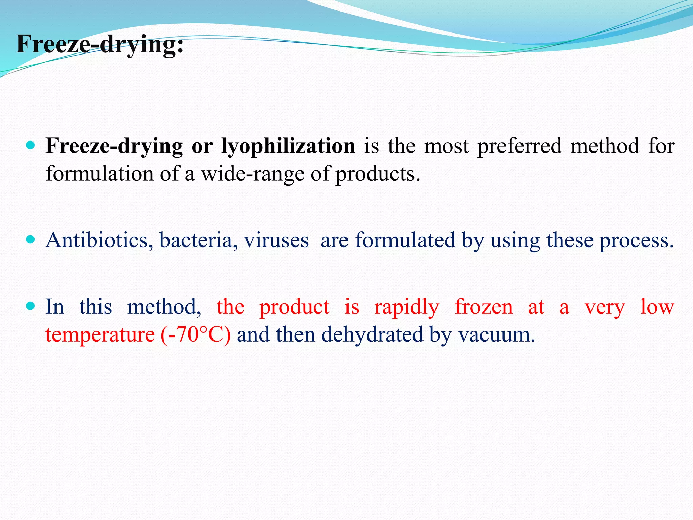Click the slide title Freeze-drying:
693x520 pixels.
(x=100, y=44)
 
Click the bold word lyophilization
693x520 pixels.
(x=288, y=146)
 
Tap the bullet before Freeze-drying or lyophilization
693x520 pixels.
(x=30, y=146)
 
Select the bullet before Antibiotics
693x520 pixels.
(x=30, y=240)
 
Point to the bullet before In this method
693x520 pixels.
(x=30, y=306)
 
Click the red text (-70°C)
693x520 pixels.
(x=196, y=335)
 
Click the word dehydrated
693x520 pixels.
(x=372, y=335)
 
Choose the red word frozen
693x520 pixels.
(x=484, y=307)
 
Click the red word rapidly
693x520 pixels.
(x=407, y=307)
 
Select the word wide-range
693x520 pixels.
(x=253, y=174)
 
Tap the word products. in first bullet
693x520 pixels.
(x=378, y=174)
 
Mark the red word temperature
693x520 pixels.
(x=100, y=335)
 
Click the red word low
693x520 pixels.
(x=657, y=307)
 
